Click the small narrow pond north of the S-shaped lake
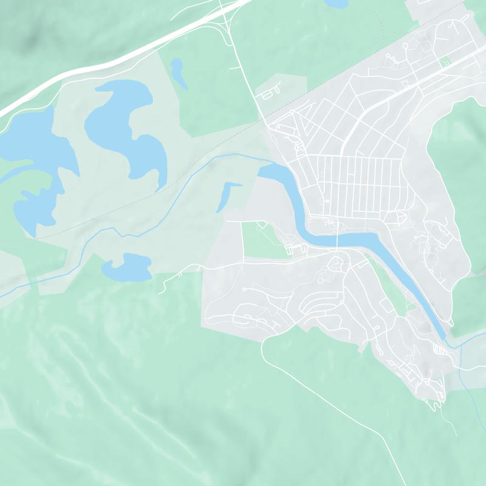click(x=178, y=70)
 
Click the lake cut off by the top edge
click(x=337, y=4)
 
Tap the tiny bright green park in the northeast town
click(x=444, y=61)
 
